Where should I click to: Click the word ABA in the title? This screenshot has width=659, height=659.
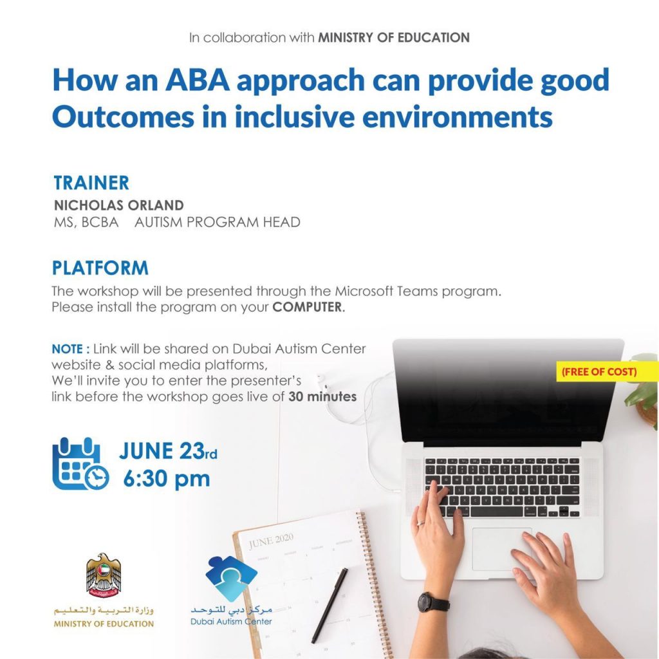[198, 80]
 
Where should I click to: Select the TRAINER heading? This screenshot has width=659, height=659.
[91, 183]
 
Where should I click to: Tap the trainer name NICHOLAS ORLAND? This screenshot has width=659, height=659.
[119, 205]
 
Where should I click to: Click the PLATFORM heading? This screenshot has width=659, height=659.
[100, 268]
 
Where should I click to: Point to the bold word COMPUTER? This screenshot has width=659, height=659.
[307, 307]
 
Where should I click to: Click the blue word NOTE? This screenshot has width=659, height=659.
[67, 349]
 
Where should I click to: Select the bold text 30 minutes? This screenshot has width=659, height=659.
[322, 396]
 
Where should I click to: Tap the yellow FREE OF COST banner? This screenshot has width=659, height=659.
[599, 371]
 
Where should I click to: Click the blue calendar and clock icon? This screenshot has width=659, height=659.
[80, 463]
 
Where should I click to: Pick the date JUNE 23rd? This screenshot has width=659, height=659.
[168, 451]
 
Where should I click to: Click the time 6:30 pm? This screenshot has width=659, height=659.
[167, 479]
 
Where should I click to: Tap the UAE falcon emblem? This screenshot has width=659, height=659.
[104, 575]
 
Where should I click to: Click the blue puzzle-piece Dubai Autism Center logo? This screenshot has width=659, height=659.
[231, 579]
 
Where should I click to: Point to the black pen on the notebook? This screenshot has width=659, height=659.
[330, 605]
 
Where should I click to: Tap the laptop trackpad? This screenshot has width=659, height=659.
[502, 550]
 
